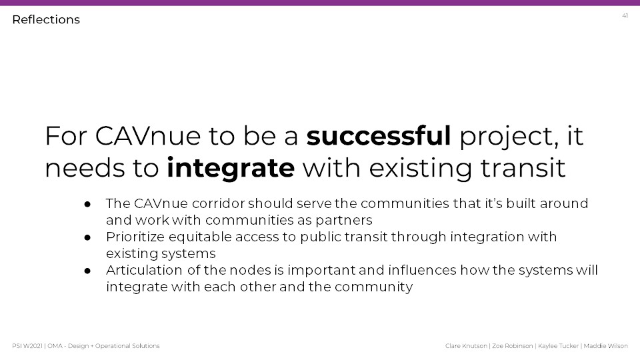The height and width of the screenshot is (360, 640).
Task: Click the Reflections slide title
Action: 46,19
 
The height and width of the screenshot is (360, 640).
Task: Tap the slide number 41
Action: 625,16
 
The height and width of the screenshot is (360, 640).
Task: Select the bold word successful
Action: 379,135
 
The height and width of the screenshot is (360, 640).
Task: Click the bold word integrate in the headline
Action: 231,168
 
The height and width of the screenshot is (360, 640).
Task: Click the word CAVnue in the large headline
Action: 148,136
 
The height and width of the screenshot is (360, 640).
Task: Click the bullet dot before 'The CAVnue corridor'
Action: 87,204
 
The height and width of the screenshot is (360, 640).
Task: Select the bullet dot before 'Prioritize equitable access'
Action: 87,237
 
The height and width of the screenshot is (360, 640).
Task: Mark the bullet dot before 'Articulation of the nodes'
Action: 87,271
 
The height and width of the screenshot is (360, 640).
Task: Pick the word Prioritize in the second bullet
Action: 135,237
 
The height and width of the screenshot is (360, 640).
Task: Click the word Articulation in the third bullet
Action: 144,270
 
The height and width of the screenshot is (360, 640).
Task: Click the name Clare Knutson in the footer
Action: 466,346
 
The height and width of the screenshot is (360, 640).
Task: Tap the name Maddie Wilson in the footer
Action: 606,346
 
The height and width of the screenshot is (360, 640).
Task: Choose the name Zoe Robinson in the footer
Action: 513,346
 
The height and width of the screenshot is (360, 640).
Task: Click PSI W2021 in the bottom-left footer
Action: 27,346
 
